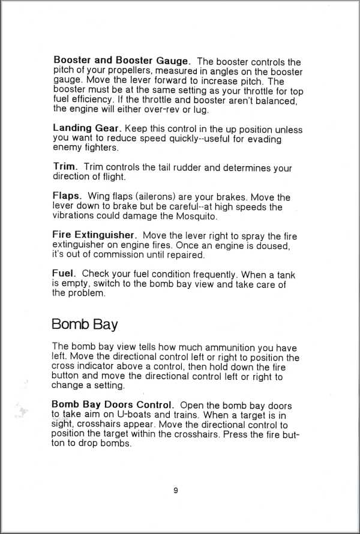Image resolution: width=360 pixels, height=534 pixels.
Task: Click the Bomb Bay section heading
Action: click(x=85, y=325)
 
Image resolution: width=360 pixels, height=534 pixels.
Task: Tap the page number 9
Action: click(x=176, y=490)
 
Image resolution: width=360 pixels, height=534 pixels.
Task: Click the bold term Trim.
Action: click(x=65, y=167)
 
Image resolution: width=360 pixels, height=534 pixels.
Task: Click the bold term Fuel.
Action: click(x=64, y=274)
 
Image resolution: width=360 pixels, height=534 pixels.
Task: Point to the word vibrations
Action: click(x=74, y=216)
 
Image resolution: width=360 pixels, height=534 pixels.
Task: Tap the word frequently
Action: click(x=213, y=274)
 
